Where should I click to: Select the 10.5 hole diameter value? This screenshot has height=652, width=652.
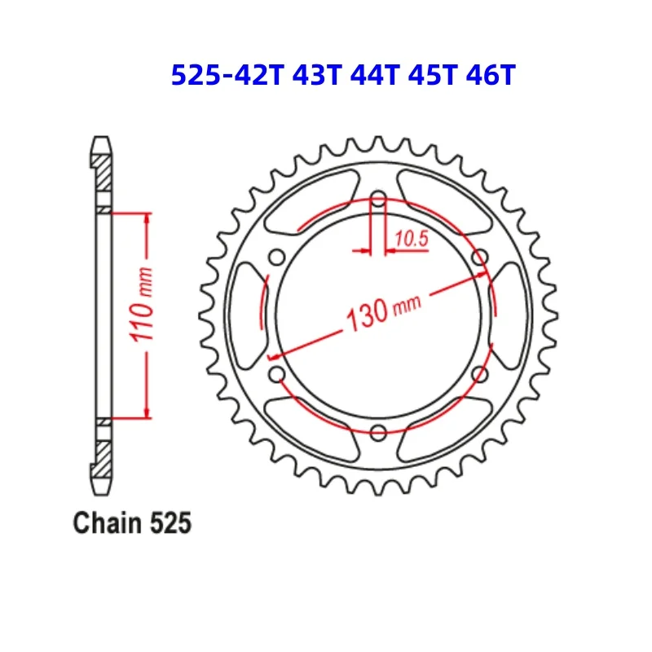(x=411, y=239)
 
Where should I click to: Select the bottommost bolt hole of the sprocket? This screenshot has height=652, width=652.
(x=378, y=432)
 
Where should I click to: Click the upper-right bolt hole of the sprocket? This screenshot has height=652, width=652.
(x=479, y=258)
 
